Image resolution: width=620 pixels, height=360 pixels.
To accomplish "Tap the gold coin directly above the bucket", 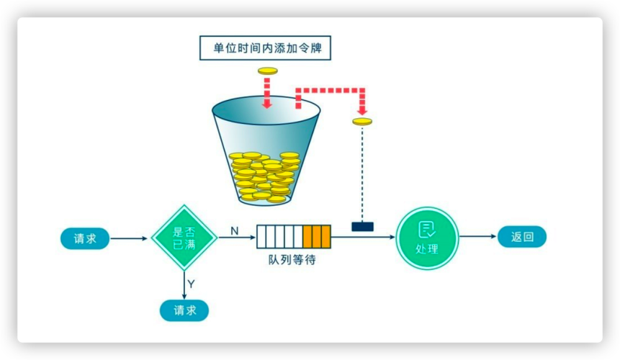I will coord(267,71).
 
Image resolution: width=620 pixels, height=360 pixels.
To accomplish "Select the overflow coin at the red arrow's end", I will coord(362,122).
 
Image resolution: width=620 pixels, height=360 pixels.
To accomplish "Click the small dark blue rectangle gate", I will coord(362,227).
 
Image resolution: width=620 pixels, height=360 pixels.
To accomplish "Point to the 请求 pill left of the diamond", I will coord(85,238).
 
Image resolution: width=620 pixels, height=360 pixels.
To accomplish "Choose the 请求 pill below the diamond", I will coord(184,310).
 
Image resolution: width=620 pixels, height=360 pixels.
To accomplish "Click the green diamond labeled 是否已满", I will coord(184,238).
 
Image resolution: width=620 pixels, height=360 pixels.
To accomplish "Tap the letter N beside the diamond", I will coord(234,230).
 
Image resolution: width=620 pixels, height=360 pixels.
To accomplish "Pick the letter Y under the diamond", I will coord(192,284).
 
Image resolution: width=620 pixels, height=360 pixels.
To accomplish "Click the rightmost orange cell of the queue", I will coord(325,236).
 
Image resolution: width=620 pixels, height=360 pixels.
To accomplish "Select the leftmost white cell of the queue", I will coord(261,236).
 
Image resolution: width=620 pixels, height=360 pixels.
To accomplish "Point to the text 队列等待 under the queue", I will coord(287,259).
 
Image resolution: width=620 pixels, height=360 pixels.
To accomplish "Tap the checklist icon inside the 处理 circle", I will coord(427,230).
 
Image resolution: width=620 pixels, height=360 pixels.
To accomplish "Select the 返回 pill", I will coord(522,237).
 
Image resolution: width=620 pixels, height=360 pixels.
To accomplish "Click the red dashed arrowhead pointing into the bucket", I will coord(267,104).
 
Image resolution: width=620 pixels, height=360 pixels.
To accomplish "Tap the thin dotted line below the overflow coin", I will coord(362,173).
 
